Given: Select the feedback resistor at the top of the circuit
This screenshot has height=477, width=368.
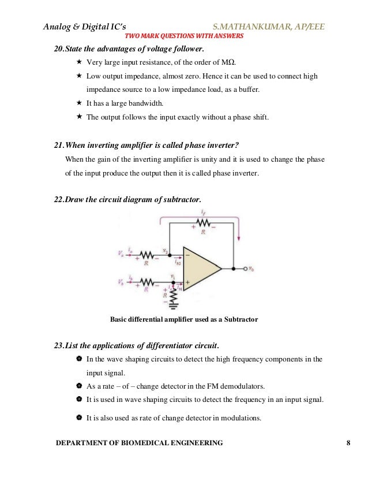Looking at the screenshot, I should click(x=201, y=223).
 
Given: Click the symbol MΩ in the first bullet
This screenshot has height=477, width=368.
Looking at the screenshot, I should click(x=236, y=62).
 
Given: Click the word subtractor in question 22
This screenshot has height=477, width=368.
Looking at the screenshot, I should click(x=181, y=199).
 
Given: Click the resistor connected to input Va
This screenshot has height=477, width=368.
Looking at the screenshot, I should click(x=147, y=255).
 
